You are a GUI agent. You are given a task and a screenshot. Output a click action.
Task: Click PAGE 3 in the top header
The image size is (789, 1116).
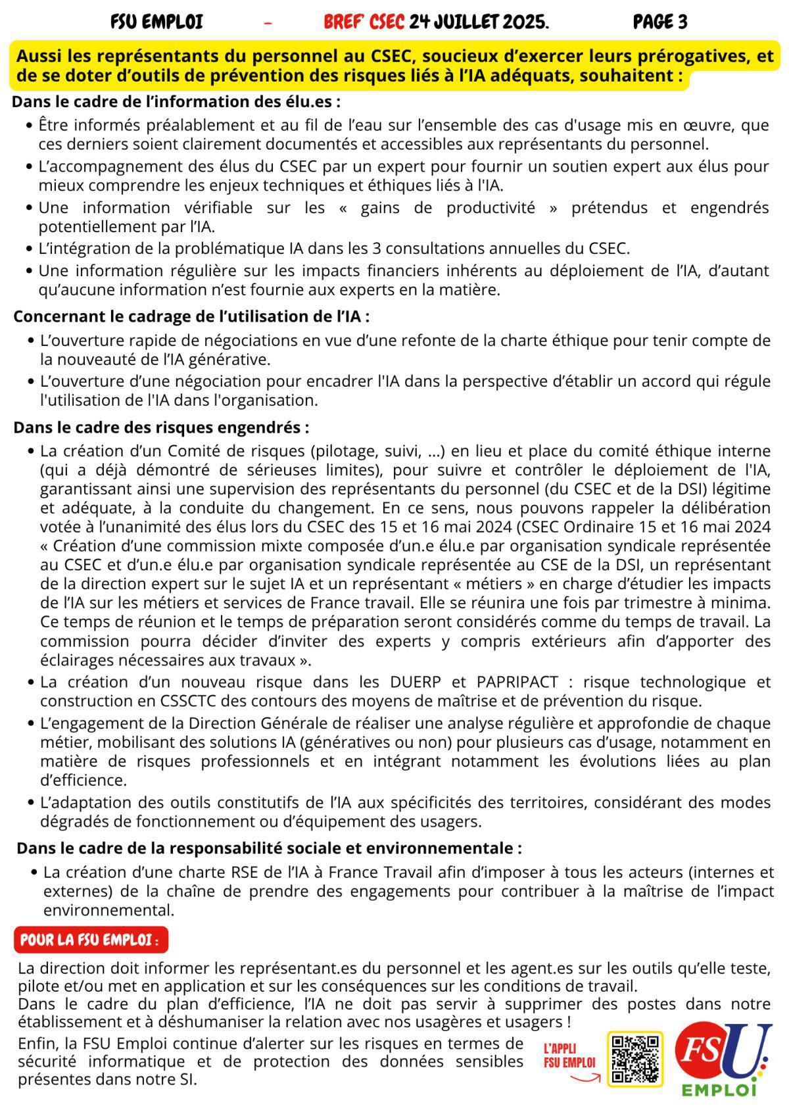[659, 23]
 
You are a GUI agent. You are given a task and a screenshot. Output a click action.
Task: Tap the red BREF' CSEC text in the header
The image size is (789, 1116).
[364, 23]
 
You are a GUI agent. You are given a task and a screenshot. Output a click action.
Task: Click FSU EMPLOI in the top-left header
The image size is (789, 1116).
[156, 23]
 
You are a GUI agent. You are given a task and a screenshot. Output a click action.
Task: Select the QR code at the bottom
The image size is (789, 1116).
[634, 1059]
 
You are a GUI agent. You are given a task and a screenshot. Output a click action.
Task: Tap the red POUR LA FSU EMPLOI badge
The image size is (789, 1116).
[90, 940]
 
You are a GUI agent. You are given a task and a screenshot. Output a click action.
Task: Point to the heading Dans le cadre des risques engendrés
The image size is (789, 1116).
[161, 427]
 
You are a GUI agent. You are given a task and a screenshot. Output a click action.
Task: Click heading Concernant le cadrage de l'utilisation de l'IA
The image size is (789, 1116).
[191, 316]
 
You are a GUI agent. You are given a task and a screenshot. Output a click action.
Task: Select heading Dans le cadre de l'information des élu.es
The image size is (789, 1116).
[176, 102]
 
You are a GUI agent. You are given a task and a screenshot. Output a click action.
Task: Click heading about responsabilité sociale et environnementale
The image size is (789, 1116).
[269, 848]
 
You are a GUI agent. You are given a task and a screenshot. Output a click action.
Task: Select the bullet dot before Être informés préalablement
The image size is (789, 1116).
[29, 126]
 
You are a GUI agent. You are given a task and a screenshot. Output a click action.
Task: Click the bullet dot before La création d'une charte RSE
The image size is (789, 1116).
[34, 873]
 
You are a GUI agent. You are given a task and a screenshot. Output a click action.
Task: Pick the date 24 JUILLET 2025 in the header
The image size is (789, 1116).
[478, 23]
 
